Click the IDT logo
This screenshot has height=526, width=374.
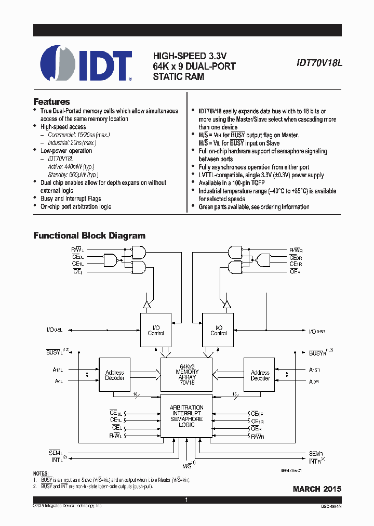86,64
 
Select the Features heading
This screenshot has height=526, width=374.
51,102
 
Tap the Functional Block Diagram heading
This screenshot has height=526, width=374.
89,235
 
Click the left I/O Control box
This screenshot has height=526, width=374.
156,331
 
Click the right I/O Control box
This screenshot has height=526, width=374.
218,331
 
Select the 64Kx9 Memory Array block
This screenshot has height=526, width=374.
186,374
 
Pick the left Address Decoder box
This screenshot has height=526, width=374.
114,375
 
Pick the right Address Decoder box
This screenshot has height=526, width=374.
260,375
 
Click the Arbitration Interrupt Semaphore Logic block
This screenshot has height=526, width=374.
186,416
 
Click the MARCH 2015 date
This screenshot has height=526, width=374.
317,489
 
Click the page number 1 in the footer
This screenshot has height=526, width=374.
186,500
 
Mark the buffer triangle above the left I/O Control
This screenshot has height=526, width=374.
147,304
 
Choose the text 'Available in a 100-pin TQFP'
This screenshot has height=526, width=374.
241,183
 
